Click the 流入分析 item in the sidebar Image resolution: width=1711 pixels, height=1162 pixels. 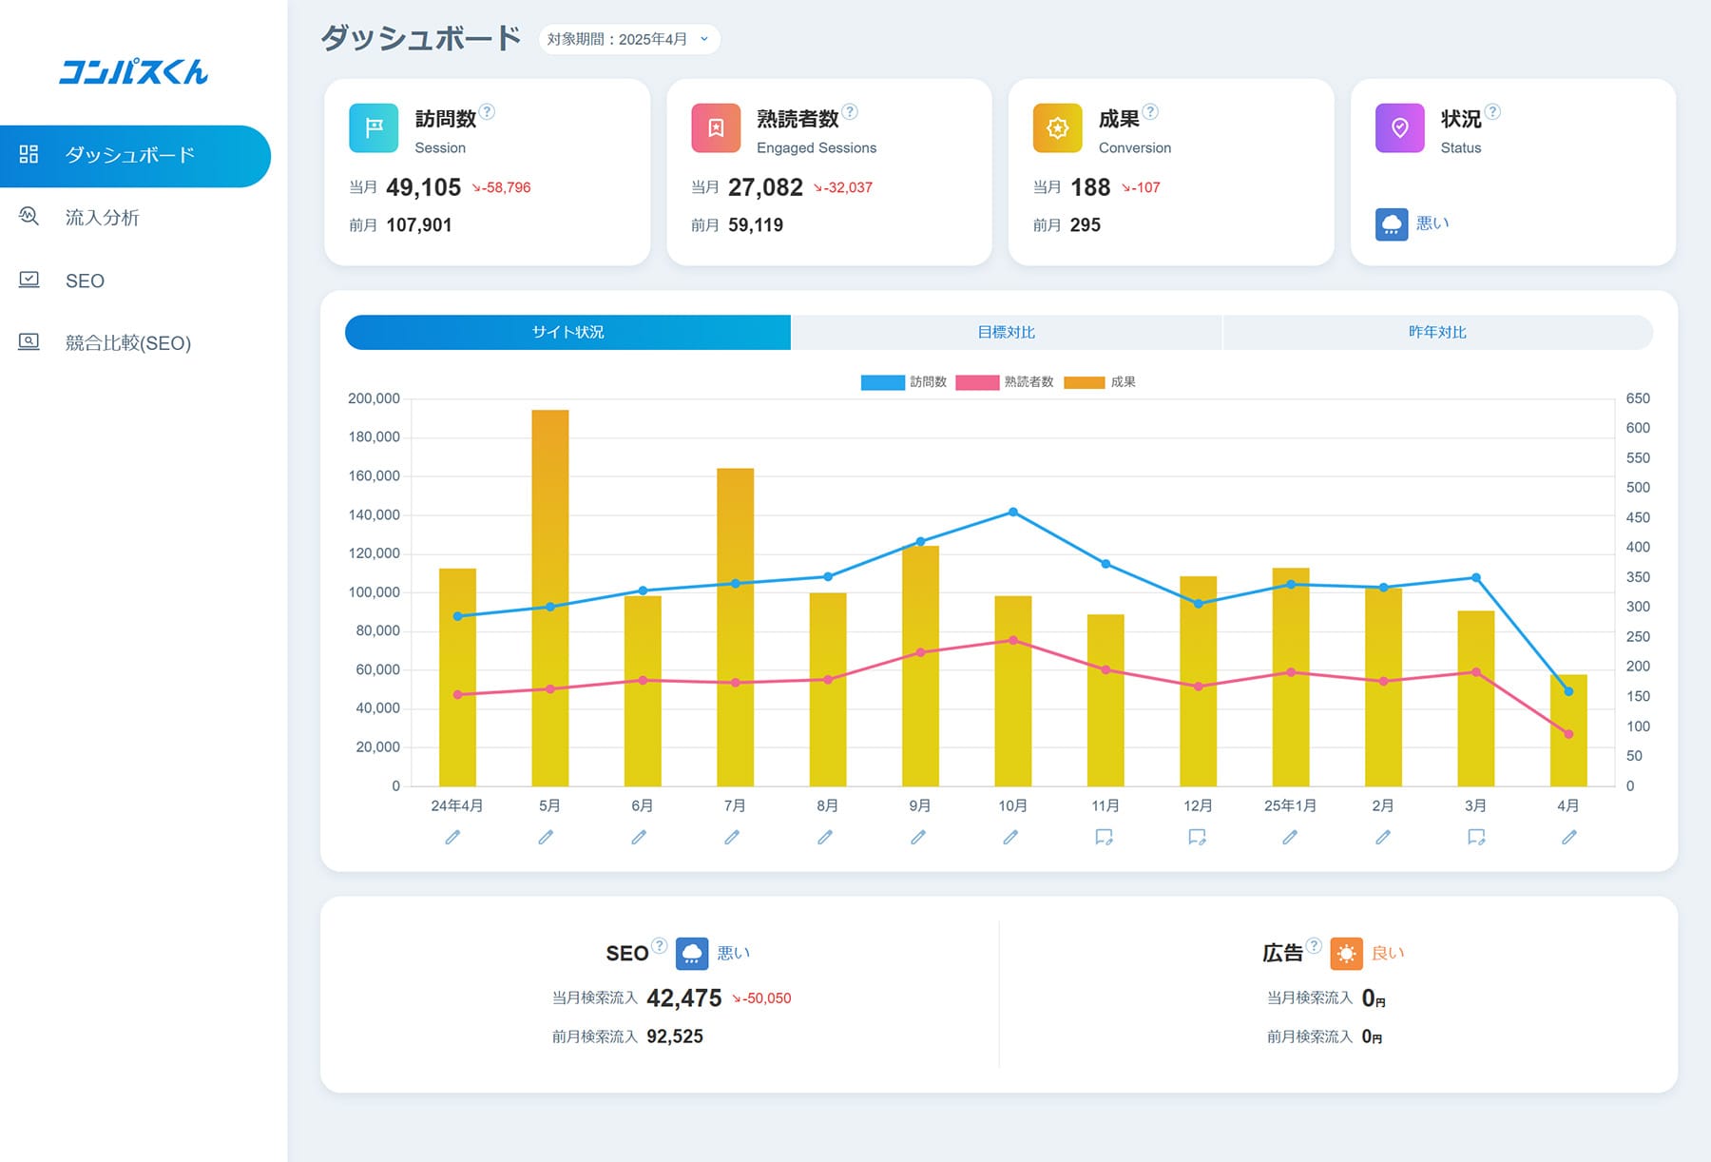102,218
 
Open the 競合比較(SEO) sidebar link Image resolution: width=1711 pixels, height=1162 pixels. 127,343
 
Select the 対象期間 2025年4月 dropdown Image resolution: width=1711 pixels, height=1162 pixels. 628,39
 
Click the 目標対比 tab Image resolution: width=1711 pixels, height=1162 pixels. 1006,332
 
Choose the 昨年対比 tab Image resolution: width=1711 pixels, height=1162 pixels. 1437,332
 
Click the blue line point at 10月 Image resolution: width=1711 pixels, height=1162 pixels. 1013,513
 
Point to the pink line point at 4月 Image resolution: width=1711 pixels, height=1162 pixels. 1568,734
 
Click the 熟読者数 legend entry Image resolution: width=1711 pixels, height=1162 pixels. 1006,382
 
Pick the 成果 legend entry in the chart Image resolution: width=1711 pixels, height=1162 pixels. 1101,382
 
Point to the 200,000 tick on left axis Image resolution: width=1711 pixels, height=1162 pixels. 374,398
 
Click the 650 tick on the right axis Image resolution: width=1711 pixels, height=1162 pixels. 1638,398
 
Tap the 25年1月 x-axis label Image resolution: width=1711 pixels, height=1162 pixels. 1290,805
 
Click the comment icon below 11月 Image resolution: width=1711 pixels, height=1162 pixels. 1104,837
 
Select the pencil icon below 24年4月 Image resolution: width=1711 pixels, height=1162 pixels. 453,837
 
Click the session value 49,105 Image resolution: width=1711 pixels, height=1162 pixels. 423,187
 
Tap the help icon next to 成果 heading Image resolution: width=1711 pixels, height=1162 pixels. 1150,111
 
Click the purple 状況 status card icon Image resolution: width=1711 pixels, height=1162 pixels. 1399,128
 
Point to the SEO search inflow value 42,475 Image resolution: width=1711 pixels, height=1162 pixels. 683,997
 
